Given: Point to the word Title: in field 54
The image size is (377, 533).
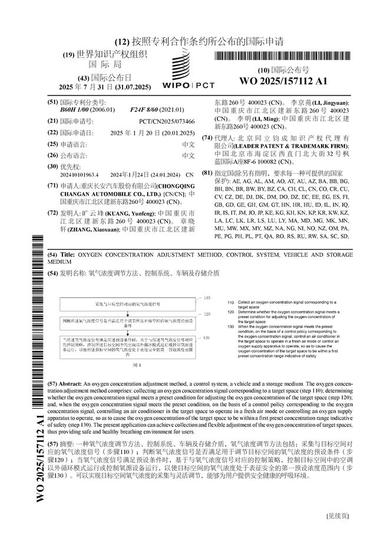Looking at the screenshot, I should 68,254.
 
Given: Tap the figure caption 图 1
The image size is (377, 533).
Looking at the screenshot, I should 135,365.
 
